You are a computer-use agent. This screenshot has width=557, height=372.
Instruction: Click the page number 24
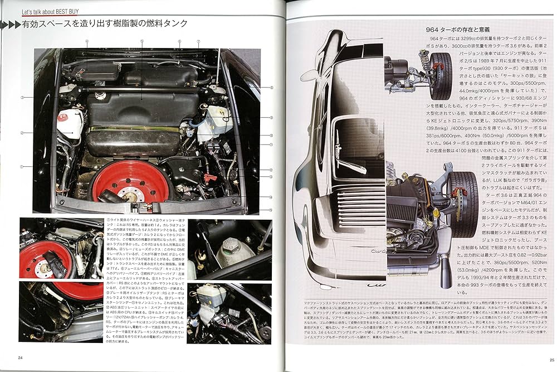pyautogui.click(x=20, y=357)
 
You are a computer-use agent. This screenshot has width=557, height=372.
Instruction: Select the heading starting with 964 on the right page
pyautogui.click(x=449, y=28)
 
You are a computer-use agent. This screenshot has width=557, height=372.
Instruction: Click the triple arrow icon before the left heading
pyautogui.click(x=11, y=24)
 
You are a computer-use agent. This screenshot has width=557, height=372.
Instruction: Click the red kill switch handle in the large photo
pyautogui.click(x=209, y=178)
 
